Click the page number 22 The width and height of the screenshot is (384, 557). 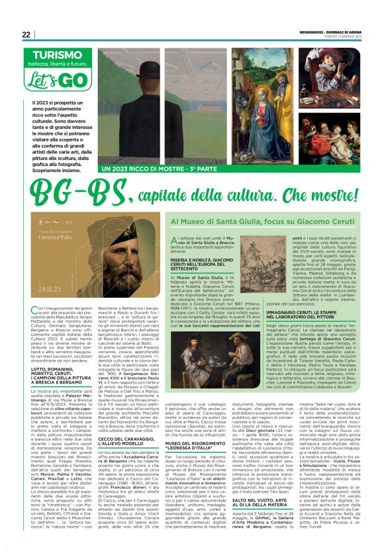tap(26, 34)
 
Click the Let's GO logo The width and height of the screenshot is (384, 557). tap(55, 81)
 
